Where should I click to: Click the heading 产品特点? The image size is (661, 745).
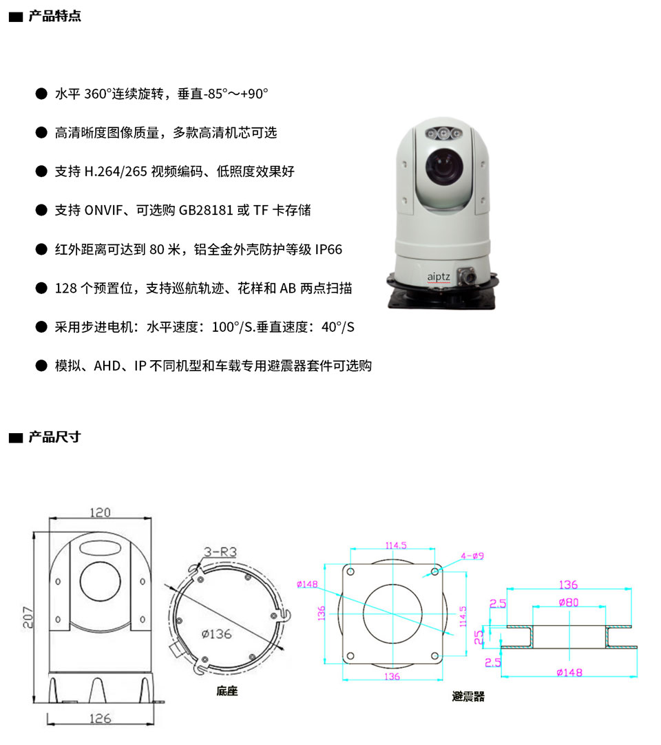coord(54,16)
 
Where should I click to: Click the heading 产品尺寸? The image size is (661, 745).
coord(54,437)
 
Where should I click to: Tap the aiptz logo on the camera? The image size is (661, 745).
coord(438,277)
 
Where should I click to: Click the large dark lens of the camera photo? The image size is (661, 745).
coord(444,165)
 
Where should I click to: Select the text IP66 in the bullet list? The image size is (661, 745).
coord(328,249)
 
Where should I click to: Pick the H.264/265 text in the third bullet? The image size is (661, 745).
coord(116,171)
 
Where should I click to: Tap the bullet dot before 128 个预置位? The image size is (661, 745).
coord(41,288)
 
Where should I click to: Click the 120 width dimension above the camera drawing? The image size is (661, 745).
coord(101,513)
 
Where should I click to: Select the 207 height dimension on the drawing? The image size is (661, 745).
coord(28,617)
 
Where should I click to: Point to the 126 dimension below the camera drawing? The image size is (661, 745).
coord(101,718)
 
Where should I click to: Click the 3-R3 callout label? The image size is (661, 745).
coord(220,552)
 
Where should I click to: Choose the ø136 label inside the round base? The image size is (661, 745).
coord(216,634)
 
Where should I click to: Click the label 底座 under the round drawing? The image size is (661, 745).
coord(227,691)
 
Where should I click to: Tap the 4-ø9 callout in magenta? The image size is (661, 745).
coord(472,556)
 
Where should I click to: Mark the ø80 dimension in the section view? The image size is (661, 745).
coord(568,602)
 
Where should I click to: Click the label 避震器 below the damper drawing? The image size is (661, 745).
coord(468,697)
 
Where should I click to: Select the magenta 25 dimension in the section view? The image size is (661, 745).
coord(479,637)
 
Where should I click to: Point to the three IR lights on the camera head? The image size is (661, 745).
coord(444,134)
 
